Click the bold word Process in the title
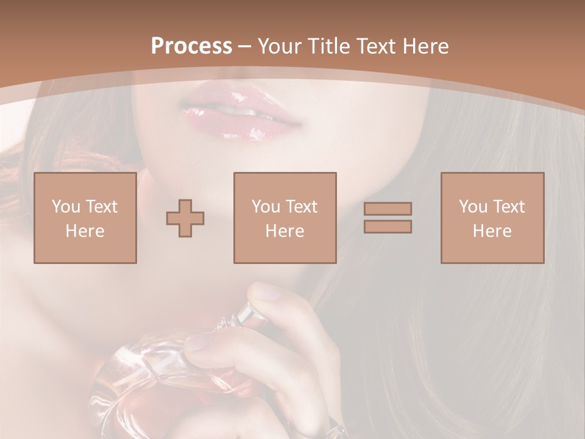click(x=191, y=46)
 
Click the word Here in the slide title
click(x=424, y=46)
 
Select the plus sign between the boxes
click(x=185, y=218)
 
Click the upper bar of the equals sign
click(x=388, y=209)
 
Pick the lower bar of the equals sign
click(x=388, y=227)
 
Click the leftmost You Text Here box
click(x=85, y=218)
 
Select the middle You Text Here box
click(x=285, y=218)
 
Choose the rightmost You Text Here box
click(x=492, y=218)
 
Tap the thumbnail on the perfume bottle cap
click(x=266, y=292)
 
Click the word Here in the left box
click(x=85, y=231)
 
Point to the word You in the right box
click(x=473, y=207)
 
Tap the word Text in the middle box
click(x=301, y=207)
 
